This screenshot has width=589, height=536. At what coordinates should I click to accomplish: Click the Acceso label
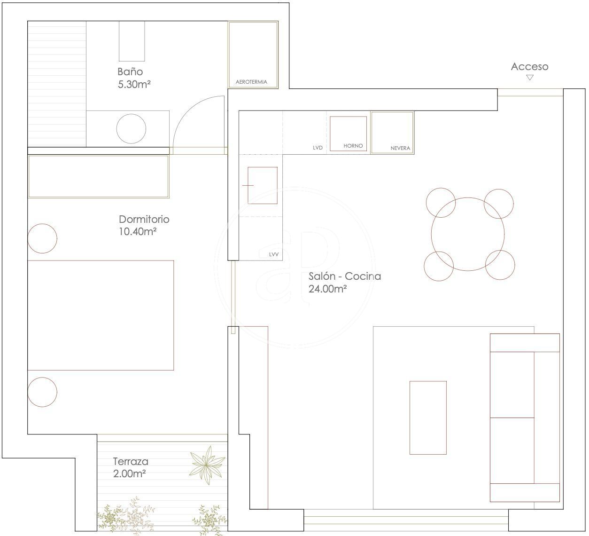click(529, 66)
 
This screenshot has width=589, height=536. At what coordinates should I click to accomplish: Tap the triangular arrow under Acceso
click(530, 78)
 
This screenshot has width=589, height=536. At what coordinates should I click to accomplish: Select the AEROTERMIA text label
click(251, 82)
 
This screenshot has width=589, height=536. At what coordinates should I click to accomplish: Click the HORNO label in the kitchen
click(353, 146)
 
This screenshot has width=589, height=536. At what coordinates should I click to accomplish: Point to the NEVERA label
click(400, 148)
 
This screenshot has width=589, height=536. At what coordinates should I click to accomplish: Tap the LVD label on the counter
click(318, 148)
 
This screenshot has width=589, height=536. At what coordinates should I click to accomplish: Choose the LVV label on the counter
click(274, 254)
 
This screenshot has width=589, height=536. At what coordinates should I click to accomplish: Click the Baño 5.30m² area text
click(134, 78)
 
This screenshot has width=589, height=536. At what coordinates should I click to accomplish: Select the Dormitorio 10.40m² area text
click(144, 225)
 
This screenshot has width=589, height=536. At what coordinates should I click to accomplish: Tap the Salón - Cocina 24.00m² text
click(345, 282)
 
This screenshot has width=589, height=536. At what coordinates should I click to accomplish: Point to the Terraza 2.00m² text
click(131, 467)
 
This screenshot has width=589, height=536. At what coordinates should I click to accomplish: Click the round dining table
click(468, 234)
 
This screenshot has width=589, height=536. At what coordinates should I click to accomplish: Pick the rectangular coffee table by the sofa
click(428, 418)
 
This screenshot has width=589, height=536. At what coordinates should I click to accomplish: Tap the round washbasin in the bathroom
click(131, 129)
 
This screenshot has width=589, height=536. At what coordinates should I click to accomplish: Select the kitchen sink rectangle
click(263, 186)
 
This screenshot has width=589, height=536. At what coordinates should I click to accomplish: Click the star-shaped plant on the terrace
click(207, 465)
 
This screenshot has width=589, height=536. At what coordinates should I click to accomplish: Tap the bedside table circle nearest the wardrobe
click(42, 238)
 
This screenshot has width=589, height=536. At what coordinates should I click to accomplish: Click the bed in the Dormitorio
click(101, 315)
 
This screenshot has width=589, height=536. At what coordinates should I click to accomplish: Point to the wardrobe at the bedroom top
click(98, 176)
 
